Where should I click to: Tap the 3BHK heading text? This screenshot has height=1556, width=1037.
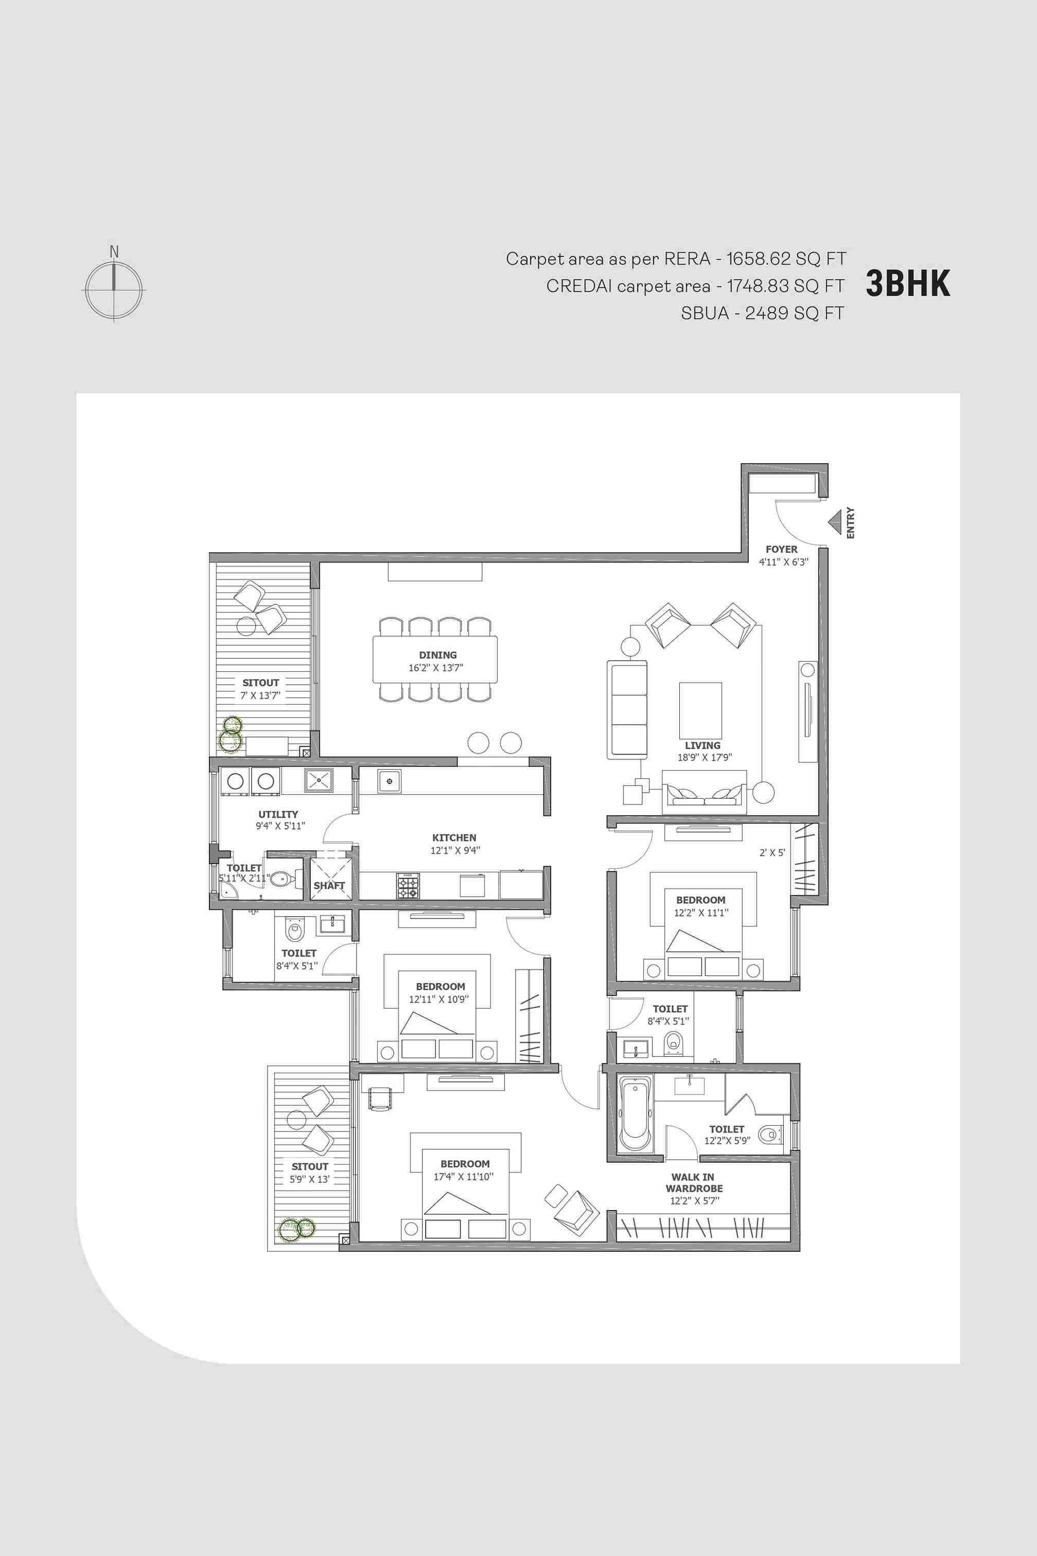908,284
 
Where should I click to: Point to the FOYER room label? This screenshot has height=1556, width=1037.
782,549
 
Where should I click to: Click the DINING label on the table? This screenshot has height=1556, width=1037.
438,655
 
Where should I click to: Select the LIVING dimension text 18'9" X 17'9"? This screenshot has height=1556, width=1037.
705,757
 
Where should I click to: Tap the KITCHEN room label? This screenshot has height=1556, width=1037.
454,837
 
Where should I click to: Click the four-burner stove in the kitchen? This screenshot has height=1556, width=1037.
408,885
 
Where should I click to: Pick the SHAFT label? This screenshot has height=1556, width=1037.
329,885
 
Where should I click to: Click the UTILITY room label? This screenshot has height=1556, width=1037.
278,814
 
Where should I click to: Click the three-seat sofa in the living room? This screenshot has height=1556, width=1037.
627,710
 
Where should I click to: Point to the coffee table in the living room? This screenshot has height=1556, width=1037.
700,710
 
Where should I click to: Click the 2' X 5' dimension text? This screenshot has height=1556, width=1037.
772,852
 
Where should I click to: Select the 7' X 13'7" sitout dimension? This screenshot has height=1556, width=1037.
260,695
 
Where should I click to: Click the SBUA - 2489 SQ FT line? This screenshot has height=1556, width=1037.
763,313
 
